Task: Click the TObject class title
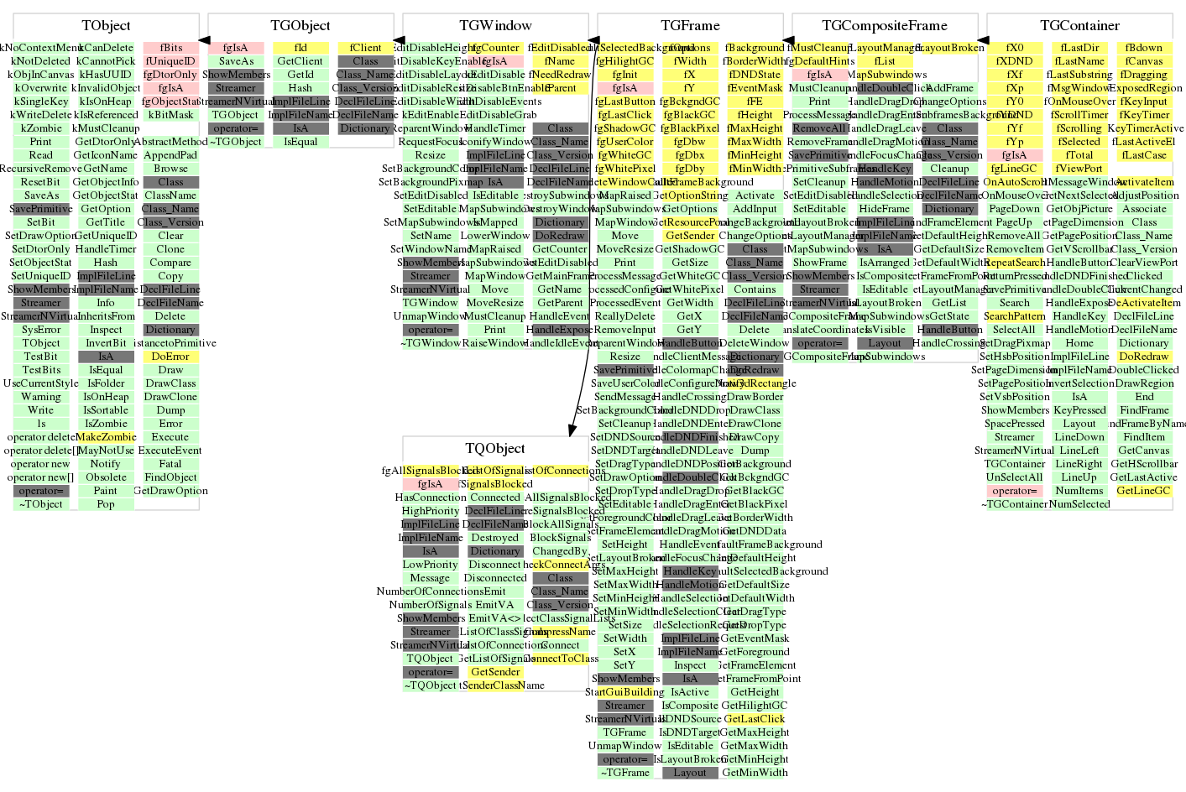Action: (106, 26)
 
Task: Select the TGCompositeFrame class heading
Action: (884, 26)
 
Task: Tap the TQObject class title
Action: (495, 449)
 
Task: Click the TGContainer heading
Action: (1079, 26)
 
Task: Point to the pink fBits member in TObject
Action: (170, 48)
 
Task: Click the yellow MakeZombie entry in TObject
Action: (106, 437)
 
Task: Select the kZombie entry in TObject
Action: (41, 128)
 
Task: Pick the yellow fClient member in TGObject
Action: (365, 48)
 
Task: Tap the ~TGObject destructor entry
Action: (235, 142)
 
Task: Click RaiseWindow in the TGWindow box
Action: (495, 343)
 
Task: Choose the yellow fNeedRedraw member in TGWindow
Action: (560, 75)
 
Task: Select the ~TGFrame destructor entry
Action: (625, 773)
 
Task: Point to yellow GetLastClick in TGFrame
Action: (755, 719)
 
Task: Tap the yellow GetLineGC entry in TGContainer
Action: (1144, 491)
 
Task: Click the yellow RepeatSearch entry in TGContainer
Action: (1015, 263)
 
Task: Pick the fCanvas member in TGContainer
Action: (1144, 61)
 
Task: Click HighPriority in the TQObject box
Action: (431, 511)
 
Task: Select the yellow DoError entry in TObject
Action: (170, 357)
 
